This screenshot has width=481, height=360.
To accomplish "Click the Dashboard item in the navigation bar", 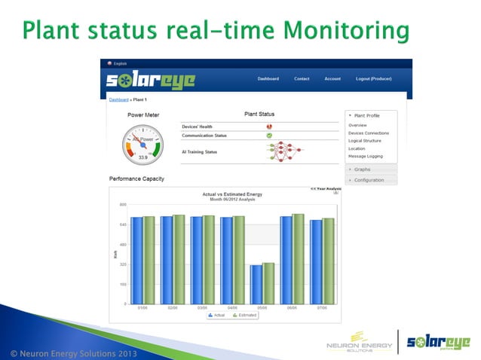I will coord(268,78).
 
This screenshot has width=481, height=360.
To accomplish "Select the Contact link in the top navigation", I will coord(302,78).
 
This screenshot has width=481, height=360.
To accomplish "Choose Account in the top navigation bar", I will coord(332,78).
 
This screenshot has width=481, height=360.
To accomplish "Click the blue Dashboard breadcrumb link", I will coord(118,99).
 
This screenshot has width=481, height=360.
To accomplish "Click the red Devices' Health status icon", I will coord(269,127).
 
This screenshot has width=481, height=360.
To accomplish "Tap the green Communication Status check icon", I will coord(269,136).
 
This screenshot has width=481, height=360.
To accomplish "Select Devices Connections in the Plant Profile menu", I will coord(369,133).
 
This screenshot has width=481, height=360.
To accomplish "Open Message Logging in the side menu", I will coord(365,156).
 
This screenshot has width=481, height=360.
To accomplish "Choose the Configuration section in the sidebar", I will coord(369,180).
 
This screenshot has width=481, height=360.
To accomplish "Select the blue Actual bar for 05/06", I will coord(256,284).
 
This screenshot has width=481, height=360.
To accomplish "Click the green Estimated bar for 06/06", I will coord(299,258).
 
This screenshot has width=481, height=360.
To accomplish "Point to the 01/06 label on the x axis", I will coord(142,308).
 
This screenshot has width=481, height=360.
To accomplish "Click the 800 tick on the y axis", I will coord(123,204).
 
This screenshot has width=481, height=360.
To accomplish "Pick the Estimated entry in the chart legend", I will coord(245,315).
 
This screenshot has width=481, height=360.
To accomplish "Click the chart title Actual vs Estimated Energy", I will coord(232,194).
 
